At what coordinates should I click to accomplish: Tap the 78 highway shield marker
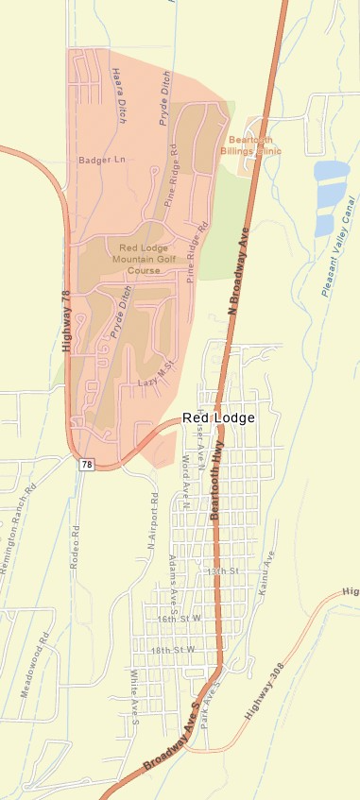pyautogui.click(x=86, y=464)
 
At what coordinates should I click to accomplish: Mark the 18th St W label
pyautogui.click(x=176, y=650)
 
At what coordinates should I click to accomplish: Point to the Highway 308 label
pyautogui.click(x=266, y=697)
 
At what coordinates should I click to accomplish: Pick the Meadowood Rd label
pyautogui.click(x=35, y=665)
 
